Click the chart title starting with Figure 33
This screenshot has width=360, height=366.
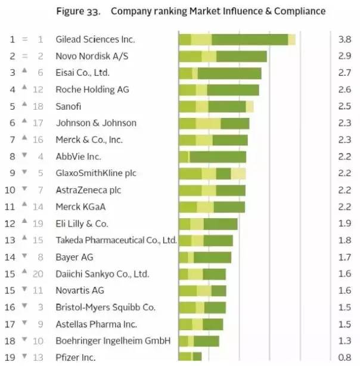[x=190, y=11]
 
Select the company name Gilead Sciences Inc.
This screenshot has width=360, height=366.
[x=95, y=39]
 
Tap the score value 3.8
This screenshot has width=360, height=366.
[x=344, y=39]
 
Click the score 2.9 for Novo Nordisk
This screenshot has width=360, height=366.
[x=344, y=56]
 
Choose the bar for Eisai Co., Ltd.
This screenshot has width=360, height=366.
[x=220, y=73]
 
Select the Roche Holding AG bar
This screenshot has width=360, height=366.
[x=219, y=90]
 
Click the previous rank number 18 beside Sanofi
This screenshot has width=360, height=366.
[x=40, y=106]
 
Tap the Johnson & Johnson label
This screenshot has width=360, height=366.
[x=96, y=123]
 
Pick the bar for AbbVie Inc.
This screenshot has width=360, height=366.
[x=212, y=157]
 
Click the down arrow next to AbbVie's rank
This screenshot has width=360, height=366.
[x=24, y=156]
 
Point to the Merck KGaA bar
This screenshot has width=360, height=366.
[x=212, y=207]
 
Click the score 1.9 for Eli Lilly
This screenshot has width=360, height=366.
[x=344, y=224]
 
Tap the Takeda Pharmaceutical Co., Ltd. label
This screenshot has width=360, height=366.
[x=116, y=240]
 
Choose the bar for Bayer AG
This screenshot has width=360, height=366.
[x=205, y=258]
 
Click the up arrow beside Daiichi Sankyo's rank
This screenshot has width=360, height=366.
[x=24, y=273]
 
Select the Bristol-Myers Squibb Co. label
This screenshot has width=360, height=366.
[x=105, y=308]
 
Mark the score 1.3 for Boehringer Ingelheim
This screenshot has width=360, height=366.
[x=344, y=341]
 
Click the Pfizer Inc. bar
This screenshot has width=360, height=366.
[x=190, y=357]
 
